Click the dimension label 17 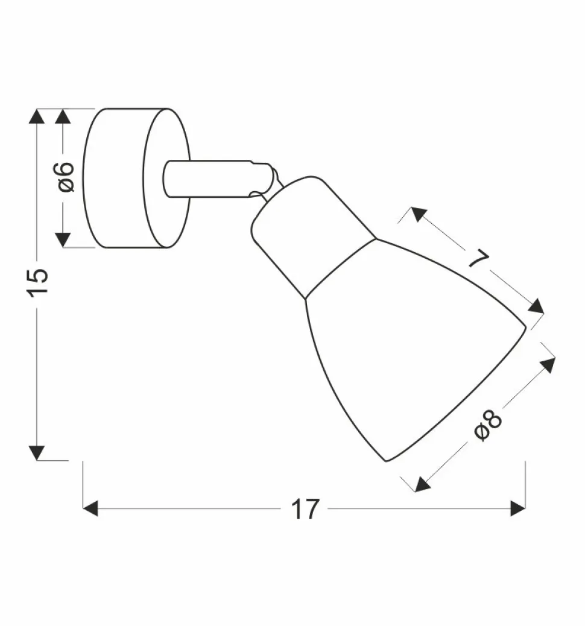pyautogui.click(x=305, y=510)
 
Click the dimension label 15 pyautogui.click(x=37, y=282)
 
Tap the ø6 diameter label pyautogui.click(x=66, y=177)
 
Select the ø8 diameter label pyautogui.click(x=488, y=426)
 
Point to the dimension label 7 pyautogui.click(x=478, y=259)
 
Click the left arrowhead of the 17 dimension pyautogui.click(x=90, y=508)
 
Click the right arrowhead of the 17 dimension pyautogui.click(x=517, y=508)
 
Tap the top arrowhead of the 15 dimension pyautogui.click(x=37, y=116)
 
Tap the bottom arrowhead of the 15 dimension pyautogui.click(x=37, y=453)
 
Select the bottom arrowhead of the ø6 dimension pyautogui.click(x=63, y=240)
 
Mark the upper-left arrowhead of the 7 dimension pyautogui.click(x=419, y=213)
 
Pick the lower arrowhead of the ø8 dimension pyautogui.click(x=422, y=484)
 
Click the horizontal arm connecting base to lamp pyautogui.click(x=208, y=179)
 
